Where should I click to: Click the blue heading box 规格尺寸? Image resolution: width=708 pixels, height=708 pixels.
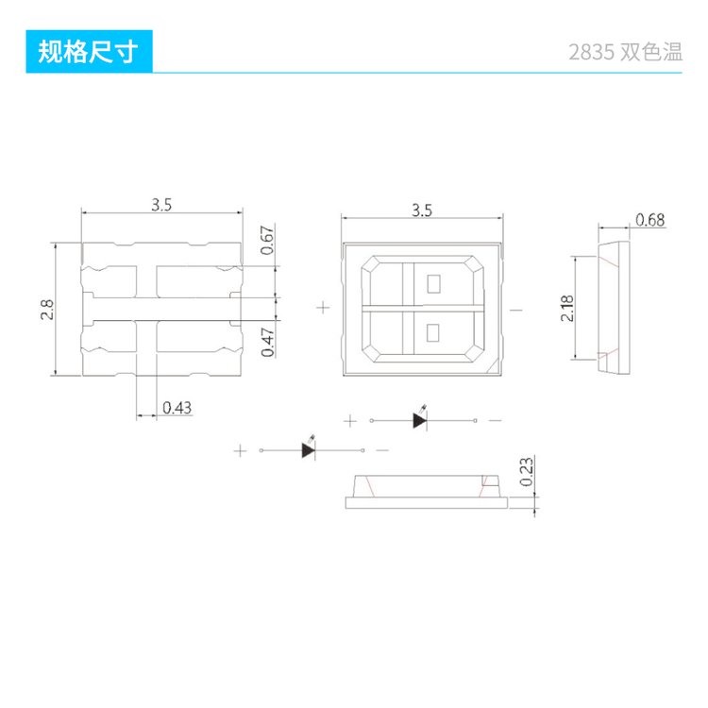pyautogui.click(x=89, y=52)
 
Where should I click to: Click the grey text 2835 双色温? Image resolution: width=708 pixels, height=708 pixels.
pyautogui.click(x=625, y=52)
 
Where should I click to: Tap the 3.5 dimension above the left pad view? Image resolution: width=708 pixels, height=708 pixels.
pyautogui.click(x=161, y=205)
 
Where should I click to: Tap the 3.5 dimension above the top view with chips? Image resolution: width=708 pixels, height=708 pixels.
pyautogui.click(x=422, y=211)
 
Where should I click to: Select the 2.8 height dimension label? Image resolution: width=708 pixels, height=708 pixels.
pyautogui.click(x=47, y=310)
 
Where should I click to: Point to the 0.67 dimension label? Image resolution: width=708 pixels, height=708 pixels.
pyautogui.click(x=268, y=240)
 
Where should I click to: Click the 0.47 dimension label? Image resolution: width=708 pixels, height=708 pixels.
pyautogui.click(x=268, y=343)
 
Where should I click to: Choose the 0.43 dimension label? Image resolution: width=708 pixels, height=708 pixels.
pyautogui.click(x=177, y=408)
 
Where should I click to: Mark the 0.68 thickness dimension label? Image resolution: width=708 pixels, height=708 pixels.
pyautogui.click(x=650, y=220)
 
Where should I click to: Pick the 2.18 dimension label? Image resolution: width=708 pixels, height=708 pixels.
pyautogui.click(x=567, y=309)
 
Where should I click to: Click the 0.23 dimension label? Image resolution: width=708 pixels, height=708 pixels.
pyautogui.click(x=527, y=472)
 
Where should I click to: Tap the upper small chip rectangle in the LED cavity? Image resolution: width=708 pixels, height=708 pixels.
pyautogui.click(x=433, y=283)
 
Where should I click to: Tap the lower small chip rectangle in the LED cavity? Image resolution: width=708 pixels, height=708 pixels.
pyautogui.click(x=432, y=333)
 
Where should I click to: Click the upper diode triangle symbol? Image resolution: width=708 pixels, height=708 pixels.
pyautogui.click(x=419, y=420)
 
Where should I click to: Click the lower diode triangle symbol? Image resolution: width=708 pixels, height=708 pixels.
pyautogui.click(x=309, y=450)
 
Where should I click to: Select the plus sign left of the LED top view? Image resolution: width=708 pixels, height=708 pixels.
pyautogui.click(x=323, y=308)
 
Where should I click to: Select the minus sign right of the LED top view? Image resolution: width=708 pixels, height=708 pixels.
pyautogui.click(x=516, y=310)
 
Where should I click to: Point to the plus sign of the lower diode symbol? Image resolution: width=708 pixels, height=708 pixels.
pyautogui.click(x=240, y=450)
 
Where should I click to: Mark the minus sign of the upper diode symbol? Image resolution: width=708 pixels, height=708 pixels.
pyautogui.click(x=496, y=420)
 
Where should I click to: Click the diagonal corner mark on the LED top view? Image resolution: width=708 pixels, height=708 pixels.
pyautogui.click(x=492, y=365)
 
